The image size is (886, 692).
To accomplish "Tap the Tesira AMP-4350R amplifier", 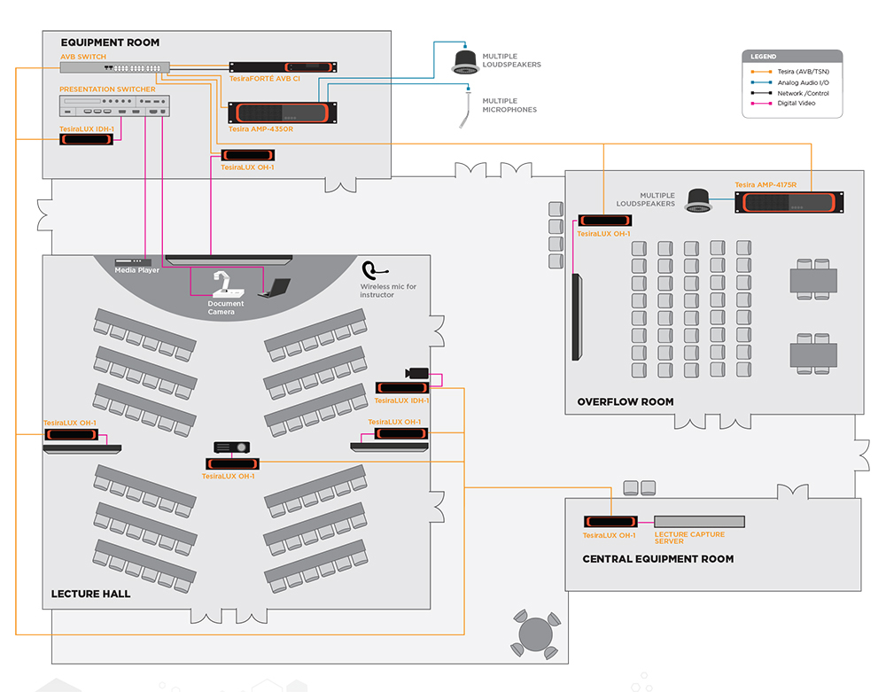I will tap(283, 113).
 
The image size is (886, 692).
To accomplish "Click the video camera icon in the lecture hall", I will tap(416, 373).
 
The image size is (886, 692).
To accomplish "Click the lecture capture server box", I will tap(699, 522).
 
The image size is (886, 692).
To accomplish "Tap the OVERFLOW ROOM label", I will tap(625, 401).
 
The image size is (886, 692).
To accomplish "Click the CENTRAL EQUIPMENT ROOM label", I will tap(657, 559).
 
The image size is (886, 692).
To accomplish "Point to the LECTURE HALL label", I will tap(90, 594).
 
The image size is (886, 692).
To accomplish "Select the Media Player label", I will tap(136, 270).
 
